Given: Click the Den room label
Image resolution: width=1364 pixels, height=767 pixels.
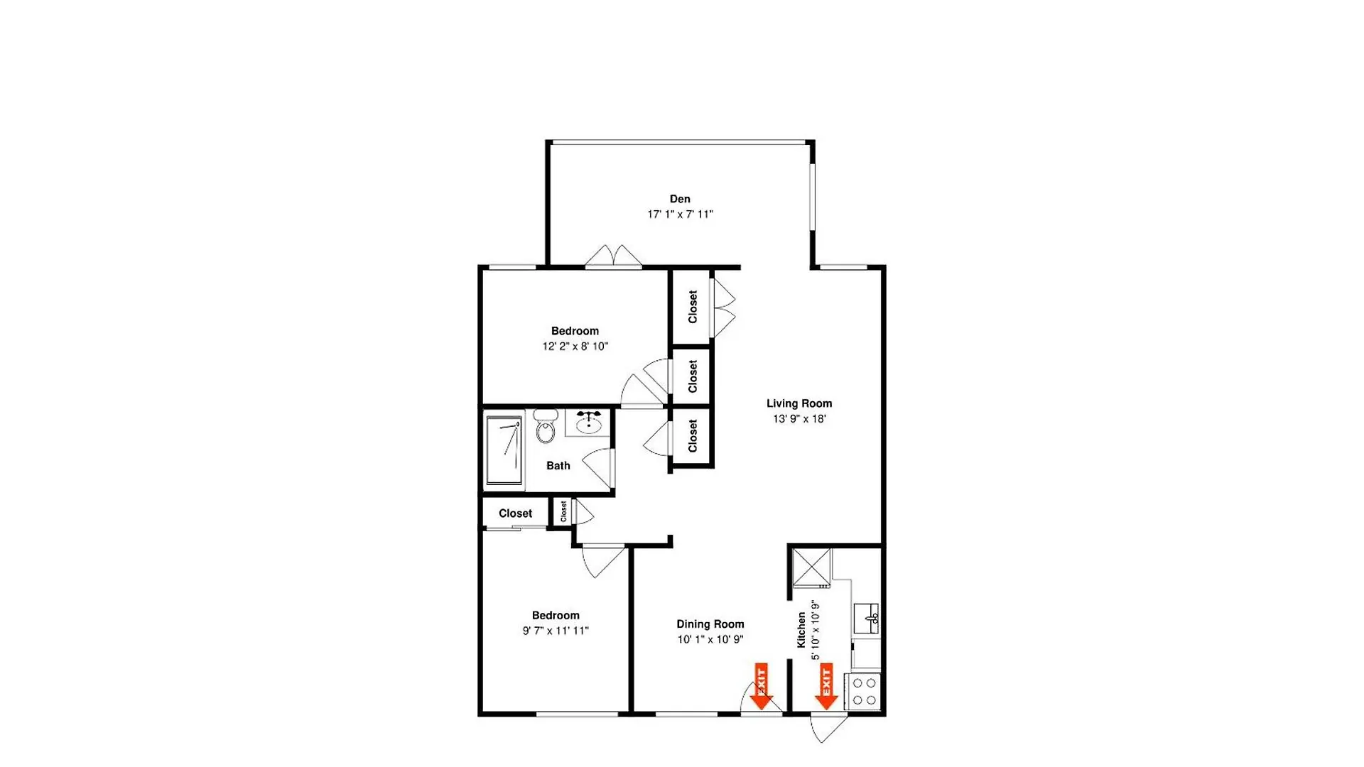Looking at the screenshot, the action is click(x=680, y=199).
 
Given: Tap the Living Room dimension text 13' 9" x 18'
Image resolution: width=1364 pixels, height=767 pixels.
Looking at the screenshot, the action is click(x=799, y=419).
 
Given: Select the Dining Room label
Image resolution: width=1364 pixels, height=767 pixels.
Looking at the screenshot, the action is click(x=710, y=624).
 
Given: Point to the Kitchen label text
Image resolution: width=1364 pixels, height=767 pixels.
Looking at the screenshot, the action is click(x=801, y=630).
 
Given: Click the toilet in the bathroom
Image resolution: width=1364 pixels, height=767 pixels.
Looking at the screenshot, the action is click(x=545, y=426).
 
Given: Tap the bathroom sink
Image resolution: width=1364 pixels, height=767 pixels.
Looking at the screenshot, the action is click(x=588, y=423).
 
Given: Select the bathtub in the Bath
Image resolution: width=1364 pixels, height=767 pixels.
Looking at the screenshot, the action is click(x=504, y=450).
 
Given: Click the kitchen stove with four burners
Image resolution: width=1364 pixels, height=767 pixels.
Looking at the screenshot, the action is click(x=863, y=692).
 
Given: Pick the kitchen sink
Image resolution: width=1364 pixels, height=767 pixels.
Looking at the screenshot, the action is click(x=867, y=619).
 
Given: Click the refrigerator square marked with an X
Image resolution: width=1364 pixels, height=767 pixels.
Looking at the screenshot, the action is click(x=811, y=567).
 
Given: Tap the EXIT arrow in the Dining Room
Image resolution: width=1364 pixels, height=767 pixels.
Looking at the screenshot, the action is click(x=761, y=686).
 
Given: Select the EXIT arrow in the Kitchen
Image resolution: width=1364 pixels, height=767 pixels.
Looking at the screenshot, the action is click(x=826, y=686).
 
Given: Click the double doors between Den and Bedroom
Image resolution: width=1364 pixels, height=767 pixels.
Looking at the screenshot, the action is click(x=613, y=256).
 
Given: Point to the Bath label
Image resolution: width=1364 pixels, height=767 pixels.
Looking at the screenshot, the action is click(x=558, y=466).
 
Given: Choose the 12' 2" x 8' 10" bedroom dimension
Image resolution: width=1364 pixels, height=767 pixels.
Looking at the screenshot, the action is click(x=575, y=347).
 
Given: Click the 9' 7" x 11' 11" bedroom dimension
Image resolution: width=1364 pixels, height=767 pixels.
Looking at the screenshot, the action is click(x=556, y=631).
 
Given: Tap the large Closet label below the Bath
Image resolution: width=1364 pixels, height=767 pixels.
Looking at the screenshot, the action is click(x=515, y=513).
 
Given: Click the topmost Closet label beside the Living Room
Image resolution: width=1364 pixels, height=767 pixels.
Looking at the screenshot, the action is click(x=693, y=307).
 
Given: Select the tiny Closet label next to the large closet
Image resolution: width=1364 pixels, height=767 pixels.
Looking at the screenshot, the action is click(x=563, y=511).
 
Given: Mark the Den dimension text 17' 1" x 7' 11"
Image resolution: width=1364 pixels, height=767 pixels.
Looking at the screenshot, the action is click(x=680, y=214).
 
